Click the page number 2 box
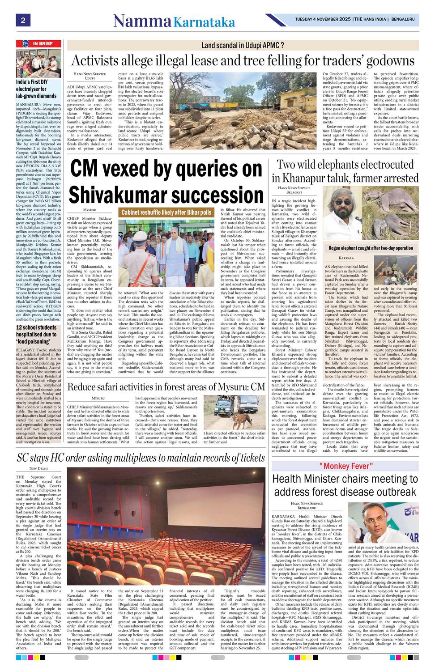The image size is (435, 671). point(21,20)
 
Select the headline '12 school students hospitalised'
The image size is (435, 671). point(36,334)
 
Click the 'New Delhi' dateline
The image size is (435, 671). point(38,468)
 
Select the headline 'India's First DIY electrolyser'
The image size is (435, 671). point(36,89)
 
